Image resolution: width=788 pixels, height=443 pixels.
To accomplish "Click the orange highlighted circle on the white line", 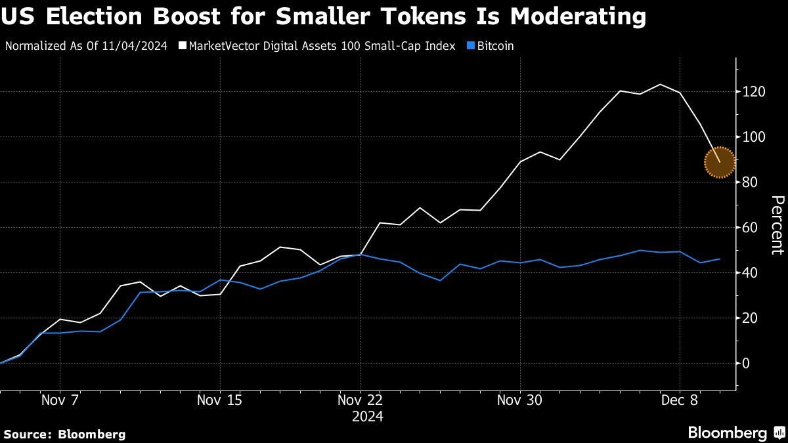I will point(719,162).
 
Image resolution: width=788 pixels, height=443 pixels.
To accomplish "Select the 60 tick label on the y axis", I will point(751,228).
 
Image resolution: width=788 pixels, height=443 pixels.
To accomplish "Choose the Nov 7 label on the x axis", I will point(60,400).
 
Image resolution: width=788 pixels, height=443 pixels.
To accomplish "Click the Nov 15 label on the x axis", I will point(219,400).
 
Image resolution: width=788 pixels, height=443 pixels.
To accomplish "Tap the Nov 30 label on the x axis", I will point(520,400).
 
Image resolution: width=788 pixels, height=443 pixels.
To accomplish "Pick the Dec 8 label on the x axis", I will point(680,400).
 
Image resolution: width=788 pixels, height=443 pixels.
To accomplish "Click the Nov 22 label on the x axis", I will point(360,400).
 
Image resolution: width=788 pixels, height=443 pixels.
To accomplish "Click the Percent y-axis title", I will point(777,225).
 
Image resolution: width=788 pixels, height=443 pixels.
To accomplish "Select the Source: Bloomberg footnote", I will point(64,434).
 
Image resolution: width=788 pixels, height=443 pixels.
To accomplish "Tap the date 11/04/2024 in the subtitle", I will point(136,47).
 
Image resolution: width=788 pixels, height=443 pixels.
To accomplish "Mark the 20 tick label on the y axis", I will point(751,318).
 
